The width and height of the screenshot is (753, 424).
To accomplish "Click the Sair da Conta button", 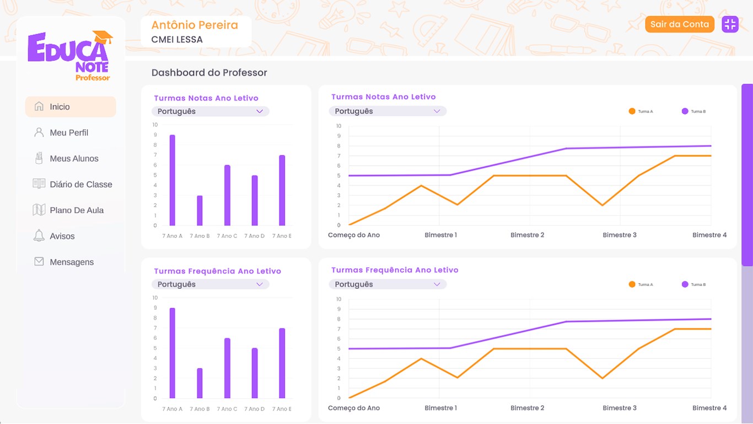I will coord(679,24).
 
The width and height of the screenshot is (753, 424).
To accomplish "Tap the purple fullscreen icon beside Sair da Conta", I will coord(730,24).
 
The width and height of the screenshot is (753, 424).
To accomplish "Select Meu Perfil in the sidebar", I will coord(69,132).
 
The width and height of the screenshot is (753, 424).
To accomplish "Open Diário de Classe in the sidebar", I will coord(80,184).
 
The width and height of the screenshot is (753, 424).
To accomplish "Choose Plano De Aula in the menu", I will coord(77,210).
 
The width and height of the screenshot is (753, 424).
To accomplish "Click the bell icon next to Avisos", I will coord(39,236).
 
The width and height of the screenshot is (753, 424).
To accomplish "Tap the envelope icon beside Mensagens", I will coord(39,262).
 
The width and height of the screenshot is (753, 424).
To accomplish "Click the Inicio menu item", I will coord(60,107).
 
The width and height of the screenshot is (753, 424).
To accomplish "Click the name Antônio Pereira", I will coord(195,25).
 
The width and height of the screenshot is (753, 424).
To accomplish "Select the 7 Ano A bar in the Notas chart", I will coord(172,181).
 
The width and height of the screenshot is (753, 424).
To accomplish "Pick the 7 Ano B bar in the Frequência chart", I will coord(200,383).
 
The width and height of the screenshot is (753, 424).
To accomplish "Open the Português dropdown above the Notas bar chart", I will coord(210,112).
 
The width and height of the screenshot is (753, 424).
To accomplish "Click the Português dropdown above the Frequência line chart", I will coord(388,284).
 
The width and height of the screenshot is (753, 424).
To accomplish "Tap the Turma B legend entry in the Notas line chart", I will coord(693,112).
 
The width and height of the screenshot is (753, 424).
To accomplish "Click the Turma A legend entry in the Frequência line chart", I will coord(641,284).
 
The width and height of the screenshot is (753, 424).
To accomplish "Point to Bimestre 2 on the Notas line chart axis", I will coord(527,235).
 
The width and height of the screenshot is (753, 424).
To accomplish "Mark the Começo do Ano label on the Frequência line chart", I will coord(354,408).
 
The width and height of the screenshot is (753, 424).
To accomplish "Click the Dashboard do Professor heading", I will coord(209,73).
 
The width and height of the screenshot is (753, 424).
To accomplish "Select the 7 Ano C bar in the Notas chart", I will coord(227,195).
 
